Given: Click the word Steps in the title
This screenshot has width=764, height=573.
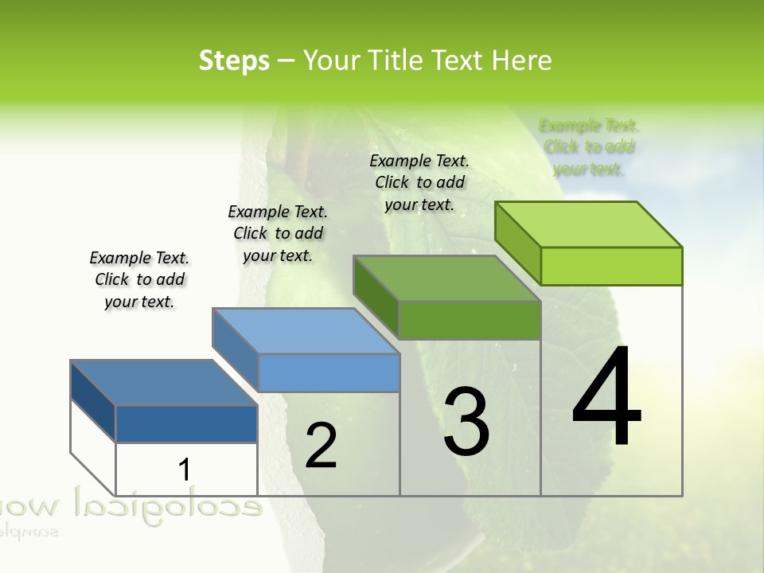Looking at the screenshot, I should tap(234, 60).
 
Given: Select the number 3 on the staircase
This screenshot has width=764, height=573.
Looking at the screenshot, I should tap(466, 422).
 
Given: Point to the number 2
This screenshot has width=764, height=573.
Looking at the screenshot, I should tap(321, 446).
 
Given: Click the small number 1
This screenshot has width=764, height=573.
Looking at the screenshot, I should tap(184, 470).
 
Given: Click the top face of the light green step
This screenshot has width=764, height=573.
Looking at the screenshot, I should tap(589, 224).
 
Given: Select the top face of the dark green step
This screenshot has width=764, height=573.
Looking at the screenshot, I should tap(447, 279).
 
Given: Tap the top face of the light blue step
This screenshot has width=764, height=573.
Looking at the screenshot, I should tap(306, 331).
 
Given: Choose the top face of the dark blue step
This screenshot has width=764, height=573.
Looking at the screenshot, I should tap(164, 383).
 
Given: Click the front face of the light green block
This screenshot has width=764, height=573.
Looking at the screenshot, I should tap(611, 266).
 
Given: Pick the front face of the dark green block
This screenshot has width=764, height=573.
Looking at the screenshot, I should tap(470, 320).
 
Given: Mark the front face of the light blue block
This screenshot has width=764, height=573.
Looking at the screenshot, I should tap(329, 372).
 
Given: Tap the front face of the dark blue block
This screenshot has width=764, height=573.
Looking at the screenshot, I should tap(186, 424).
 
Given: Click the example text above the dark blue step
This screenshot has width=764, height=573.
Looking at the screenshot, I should tap(139, 279).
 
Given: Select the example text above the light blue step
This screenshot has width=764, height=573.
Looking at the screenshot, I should tap(278, 233).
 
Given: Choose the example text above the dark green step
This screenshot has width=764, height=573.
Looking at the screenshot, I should tap(419, 182).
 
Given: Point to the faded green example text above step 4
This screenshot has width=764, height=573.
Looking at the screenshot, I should tap(589, 147).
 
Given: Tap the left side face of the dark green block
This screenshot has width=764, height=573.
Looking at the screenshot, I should tap(376, 297).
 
